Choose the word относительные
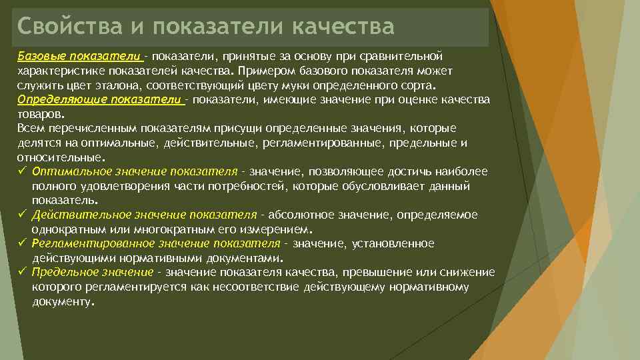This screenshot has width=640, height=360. [x=60, y=158]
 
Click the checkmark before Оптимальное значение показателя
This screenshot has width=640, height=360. [x=22, y=171]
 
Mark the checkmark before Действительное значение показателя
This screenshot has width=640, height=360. [x=22, y=215]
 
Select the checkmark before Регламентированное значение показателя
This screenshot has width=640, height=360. [x=22, y=243]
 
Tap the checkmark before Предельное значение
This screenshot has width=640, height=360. [x=22, y=272]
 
